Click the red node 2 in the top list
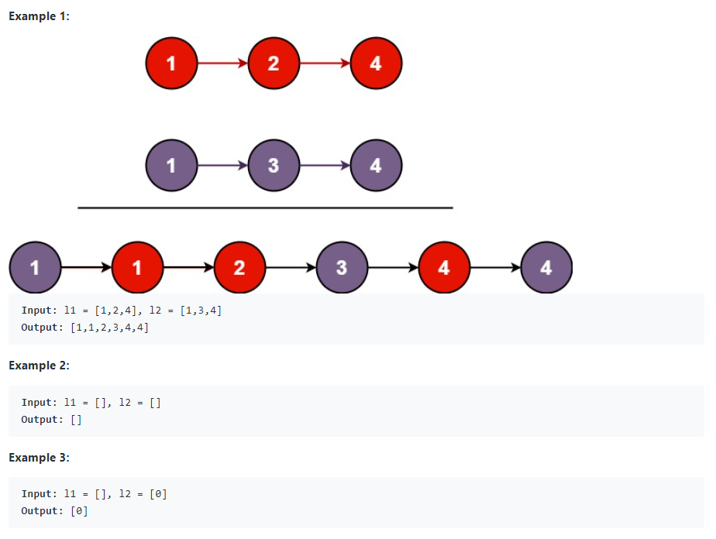(273, 64)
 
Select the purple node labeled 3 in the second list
(273, 166)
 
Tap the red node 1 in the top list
(170, 64)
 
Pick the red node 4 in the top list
(376, 64)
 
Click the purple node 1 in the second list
(170, 166)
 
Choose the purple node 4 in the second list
(376, 166)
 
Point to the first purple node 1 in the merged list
(35, 268)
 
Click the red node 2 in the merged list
(239, 268)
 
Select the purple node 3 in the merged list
(342, 268)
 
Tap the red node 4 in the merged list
(444, 268)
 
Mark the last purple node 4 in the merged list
(546, 268)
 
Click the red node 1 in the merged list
(137, 268)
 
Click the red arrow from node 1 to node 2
(222, 64)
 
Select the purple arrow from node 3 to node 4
(324, 166)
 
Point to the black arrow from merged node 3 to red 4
(393, 268)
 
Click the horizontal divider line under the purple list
(265, 208)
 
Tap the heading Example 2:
(39, 366)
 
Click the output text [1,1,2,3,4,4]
(109, 328)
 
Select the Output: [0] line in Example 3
(54, 511)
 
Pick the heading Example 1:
(39, 16)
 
